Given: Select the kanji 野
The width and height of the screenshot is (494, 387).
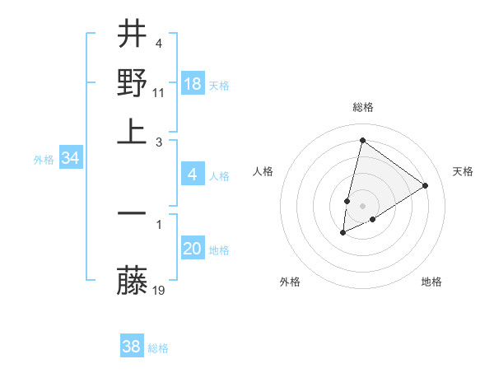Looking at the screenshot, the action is coord(132,84).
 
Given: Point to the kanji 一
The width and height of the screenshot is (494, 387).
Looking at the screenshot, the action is coord(132,213).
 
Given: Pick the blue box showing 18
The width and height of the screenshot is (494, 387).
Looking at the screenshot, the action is coord(193,84).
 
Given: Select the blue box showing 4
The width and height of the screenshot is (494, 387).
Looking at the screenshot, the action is coord(193,175).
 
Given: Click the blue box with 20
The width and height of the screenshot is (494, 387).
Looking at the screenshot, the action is coord(193,249).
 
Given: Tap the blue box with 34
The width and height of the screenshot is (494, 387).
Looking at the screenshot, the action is coord(70,159).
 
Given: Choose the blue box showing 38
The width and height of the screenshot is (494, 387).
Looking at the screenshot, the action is coord(132,347).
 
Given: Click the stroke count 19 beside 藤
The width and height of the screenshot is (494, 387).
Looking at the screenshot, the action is coord(160,290).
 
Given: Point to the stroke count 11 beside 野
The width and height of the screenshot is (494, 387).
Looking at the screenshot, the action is coord(160,92).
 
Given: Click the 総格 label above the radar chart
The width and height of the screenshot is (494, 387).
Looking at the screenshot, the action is coord(363,107).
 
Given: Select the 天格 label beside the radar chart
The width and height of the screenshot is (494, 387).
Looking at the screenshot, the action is coord(463,171).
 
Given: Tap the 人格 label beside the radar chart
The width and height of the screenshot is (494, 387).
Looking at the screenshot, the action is coord(263,171).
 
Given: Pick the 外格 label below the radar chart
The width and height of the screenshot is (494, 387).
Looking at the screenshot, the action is coord(290,282).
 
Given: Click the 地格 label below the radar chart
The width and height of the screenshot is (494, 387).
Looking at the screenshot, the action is coord(431,282).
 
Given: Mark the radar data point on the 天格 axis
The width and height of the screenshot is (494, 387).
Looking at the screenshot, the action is coord(426,185).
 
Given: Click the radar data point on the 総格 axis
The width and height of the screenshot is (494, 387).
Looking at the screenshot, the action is coord(362,140).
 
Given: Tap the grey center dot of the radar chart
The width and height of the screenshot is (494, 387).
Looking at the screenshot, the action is coord(363,206).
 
